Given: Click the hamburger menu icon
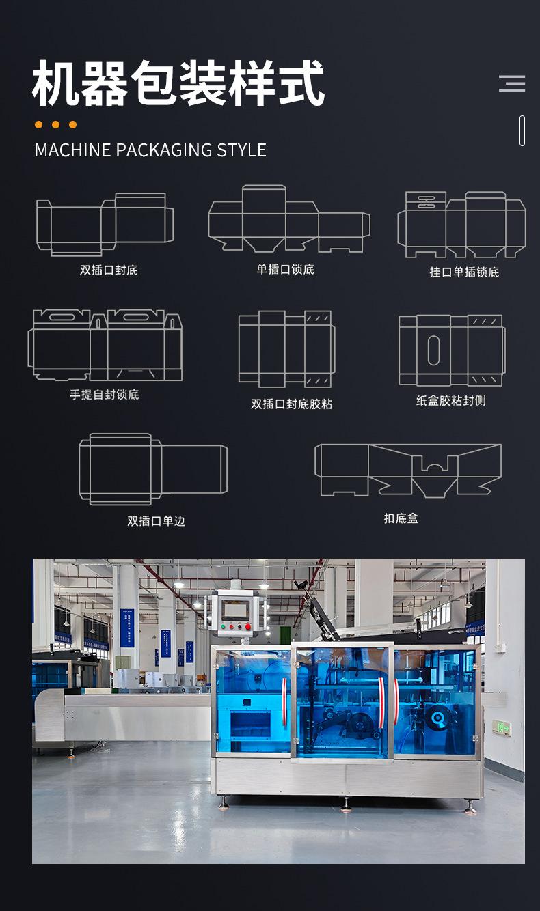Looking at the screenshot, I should point(512,83).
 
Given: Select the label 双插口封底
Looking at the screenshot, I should point(109,270).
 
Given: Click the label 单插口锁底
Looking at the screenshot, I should point(285,269).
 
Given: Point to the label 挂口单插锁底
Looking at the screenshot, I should point(464,272).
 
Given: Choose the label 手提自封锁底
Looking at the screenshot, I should point(104,394).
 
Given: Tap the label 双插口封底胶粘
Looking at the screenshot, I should point(291,404).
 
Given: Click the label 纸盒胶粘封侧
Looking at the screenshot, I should point(450,400).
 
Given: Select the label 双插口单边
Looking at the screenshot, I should point(156,520).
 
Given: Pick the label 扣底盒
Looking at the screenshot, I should point(401,518).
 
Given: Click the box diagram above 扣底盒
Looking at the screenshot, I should point(408,470).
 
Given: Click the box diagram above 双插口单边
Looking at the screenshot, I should point(152,469).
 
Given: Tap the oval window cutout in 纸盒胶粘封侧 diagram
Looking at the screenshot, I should point(433,350).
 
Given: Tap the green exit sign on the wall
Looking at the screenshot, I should point(501,728).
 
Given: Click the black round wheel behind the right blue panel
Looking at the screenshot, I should point(435,719).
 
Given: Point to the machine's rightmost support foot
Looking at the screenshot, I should point(470,808).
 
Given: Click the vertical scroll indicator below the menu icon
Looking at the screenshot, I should point(522,130).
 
